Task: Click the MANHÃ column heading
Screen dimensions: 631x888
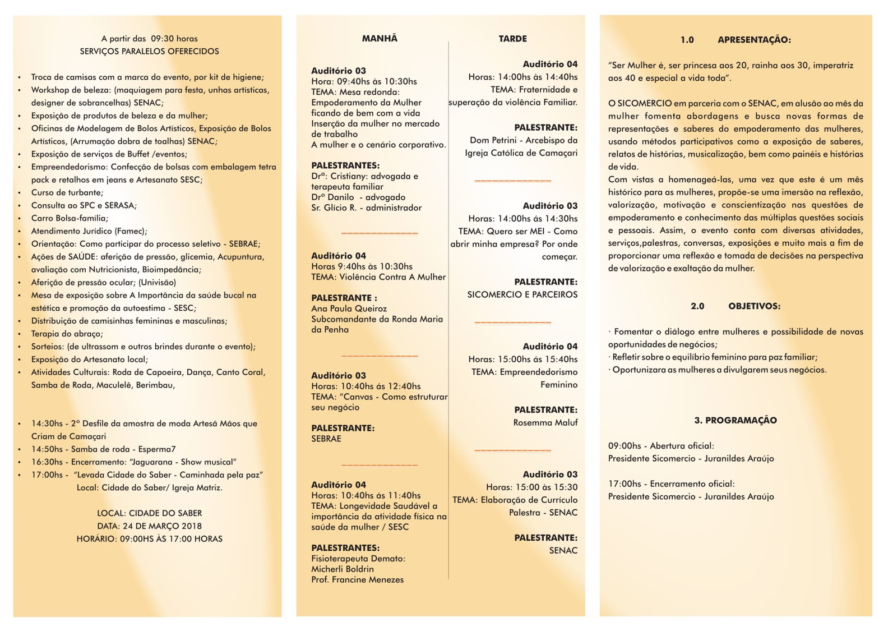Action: click(380, 39)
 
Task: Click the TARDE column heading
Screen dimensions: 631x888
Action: click(512, 39)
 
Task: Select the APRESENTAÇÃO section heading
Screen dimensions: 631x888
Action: click(754, 40)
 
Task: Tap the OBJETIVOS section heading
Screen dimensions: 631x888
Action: click(754, 306)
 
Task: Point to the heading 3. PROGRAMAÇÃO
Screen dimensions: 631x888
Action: click(736, 421)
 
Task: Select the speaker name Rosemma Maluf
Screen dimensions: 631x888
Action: click(545, 423)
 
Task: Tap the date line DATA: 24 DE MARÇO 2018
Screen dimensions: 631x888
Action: click(149, 526)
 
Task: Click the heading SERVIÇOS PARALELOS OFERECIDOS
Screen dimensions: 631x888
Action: click(149, 52)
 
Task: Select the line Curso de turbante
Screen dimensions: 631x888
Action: click(67, 193)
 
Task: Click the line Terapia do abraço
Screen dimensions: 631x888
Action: click(67, 334)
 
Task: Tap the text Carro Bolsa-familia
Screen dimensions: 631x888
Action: click(70, 218)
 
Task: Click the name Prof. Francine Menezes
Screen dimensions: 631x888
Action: click(357, 580)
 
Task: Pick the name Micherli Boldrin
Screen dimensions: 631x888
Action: click(342, 569)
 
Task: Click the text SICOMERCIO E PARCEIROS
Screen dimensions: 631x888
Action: click(522, 294)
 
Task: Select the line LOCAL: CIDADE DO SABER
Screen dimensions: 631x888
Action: click(149, 513)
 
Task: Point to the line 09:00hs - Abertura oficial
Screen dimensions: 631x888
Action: click(661, 446)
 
